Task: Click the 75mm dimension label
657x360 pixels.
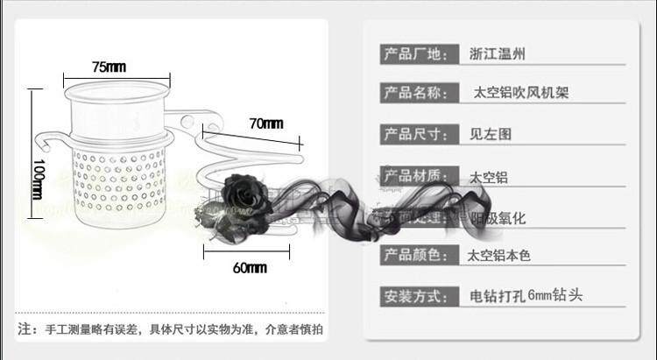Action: pyautogui.click(x=108, y=67)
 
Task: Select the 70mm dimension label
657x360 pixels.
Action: pyautogui.click(x=265, y=124)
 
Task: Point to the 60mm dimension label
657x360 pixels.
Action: pyautogui.click(x=250, y=267)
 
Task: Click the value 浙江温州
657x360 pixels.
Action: pyautogui.click(x=498, y=54)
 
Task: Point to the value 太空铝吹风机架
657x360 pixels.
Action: pyautogui.click(x=520, y=92)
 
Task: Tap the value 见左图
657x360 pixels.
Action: pyautogui.click(x=490, y=134)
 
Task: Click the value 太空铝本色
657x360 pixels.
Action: pyautogui.click(x=499, y=256)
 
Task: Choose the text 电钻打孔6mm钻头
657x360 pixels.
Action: pyautogui.click(x=526, y=295)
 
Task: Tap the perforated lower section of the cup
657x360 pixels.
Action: pyautogui.click(x=119, y=180)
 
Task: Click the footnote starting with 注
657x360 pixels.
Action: pyautogui.click(x=171, y=329)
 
